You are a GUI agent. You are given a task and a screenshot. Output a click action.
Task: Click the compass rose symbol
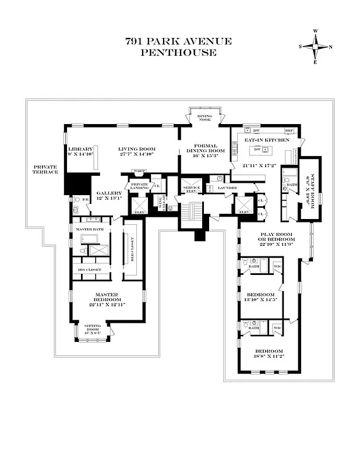coord(316,46)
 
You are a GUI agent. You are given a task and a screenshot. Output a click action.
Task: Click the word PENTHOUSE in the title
coord(178,52)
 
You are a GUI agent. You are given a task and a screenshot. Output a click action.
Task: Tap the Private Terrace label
coord(45,169)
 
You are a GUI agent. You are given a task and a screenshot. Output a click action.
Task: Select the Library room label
coord(80,149)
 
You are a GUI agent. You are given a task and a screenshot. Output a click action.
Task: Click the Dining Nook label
coord(204,117)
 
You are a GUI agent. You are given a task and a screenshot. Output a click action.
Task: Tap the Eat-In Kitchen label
coord(266,140)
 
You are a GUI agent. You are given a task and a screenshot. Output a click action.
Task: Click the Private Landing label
coord(140,186)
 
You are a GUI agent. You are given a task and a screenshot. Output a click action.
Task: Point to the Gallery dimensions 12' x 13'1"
coord(109,199)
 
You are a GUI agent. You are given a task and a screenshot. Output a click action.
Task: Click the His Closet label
coord(90,270)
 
